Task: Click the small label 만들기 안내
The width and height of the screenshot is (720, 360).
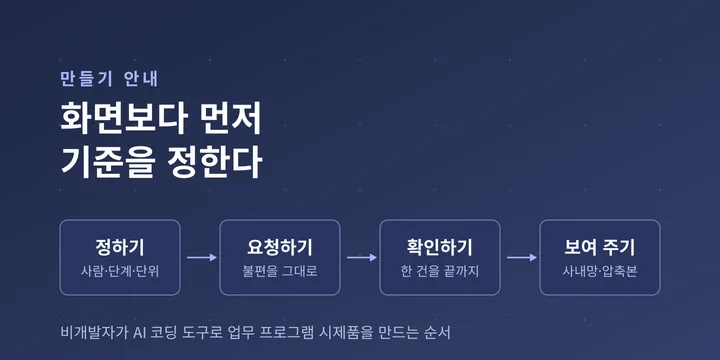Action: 109,79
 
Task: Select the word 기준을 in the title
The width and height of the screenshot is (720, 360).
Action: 108,163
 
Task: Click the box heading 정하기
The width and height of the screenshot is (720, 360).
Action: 120,248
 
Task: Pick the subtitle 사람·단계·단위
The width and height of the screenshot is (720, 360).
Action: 120,271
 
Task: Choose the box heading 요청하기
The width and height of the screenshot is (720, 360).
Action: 280,248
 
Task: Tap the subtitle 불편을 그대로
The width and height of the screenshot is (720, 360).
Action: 280,271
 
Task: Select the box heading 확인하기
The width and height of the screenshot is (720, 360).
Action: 439,248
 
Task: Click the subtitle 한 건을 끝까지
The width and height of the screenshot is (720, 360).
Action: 439,271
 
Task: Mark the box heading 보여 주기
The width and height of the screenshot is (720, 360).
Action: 600,248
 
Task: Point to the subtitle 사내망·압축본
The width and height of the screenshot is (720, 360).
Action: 600,271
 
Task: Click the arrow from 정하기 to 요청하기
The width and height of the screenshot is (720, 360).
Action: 202,258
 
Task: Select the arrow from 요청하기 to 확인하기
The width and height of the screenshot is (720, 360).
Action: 361,258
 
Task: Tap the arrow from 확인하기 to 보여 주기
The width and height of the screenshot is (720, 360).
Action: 522,258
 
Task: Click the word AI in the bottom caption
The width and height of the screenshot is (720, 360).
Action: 139,332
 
